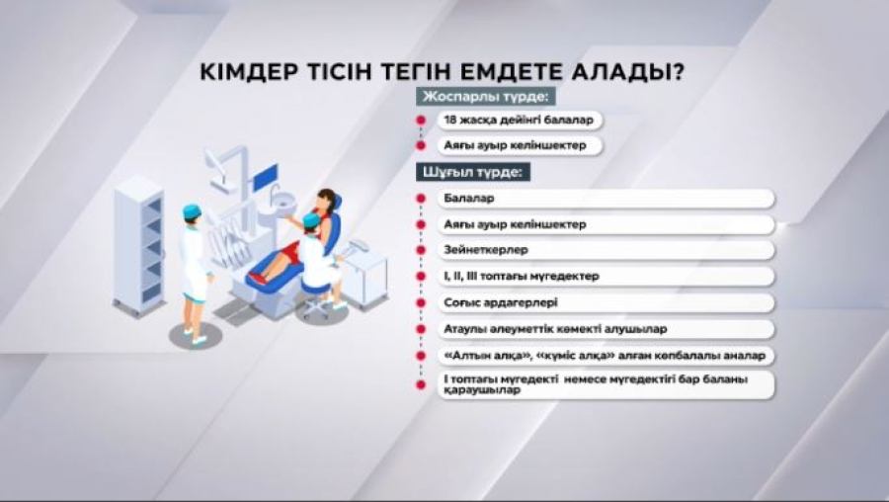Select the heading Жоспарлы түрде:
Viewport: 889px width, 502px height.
[x=485, y=97]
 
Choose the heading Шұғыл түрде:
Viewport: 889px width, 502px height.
[x=474, y=171]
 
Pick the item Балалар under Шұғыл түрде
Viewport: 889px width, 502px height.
[x=469, y=199]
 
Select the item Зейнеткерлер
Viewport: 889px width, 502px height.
[x=486, y=250]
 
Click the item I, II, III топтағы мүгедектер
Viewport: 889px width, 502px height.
[x=522, y=276]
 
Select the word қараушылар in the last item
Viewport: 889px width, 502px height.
[x=481, y=389]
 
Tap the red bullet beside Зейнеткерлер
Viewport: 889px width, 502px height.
[x=420, y=250]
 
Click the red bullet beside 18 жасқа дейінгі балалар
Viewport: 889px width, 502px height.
[x=420, y=120]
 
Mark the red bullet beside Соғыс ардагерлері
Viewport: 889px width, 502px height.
[x=420, y=301]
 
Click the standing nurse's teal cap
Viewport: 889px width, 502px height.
[x=192, y=210]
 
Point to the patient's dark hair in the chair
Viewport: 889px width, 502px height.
[x=327, y=197]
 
